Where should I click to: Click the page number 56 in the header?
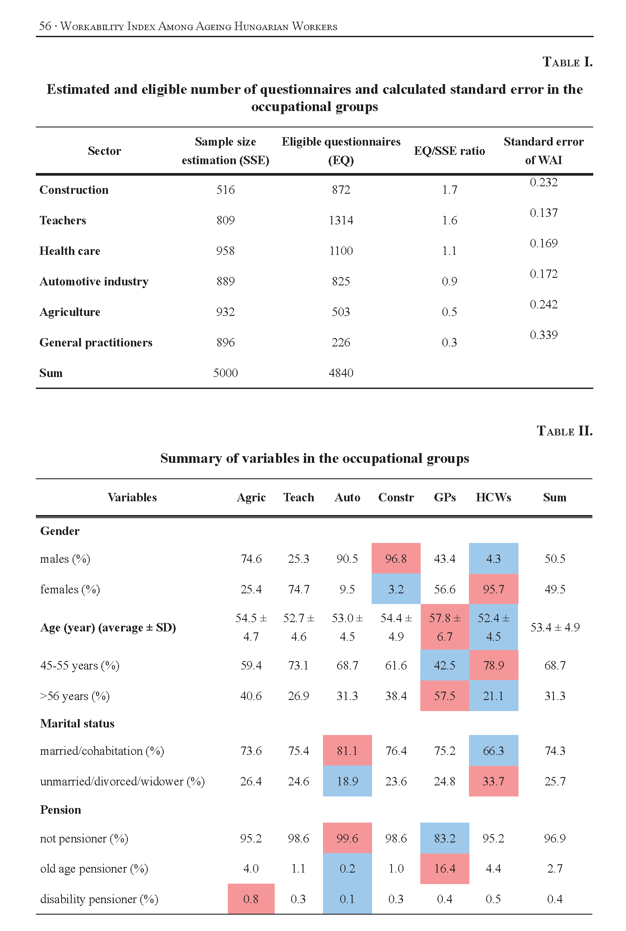(x=45, y=26)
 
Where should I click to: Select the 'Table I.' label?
(x=567, y=62)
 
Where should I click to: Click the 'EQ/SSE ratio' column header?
(x=449, y=151)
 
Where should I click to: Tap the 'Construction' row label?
(x=74, y=190)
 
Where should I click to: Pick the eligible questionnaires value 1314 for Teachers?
(x=341, y=220)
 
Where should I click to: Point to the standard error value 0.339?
(x=543, y=335)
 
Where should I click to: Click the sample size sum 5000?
(x=225, y=373)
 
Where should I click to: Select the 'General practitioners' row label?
(x=96, y=342)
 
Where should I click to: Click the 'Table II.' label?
(x=564, y=431)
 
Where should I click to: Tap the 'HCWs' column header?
(x=493, y=497)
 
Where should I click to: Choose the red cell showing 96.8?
(x=396, y=558)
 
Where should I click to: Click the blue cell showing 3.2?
(x=396, y=589)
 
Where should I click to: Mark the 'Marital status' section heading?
(x=77, y=723)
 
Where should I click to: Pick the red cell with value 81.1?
(x=347, y=750)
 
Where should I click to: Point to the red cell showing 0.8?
(x=251, y=899)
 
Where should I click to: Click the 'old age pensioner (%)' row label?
(x=94, y=869)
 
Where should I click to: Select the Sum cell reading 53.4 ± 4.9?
(x=555, y=627)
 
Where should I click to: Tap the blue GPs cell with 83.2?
(x=444, y=838)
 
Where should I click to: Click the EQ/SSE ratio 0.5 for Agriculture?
(x=449, y=312)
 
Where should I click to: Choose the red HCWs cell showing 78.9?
(x=493, y=665)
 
